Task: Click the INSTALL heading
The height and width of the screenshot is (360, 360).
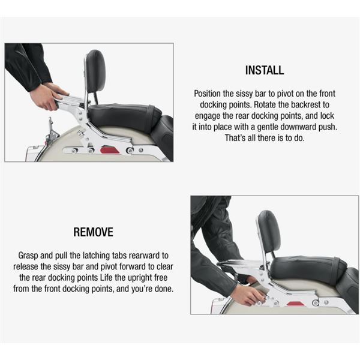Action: click(x=264, y=71)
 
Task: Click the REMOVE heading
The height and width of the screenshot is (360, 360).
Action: click(x=93, y=232)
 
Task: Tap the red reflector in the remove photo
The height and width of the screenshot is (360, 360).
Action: click(x=295, y=304)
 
